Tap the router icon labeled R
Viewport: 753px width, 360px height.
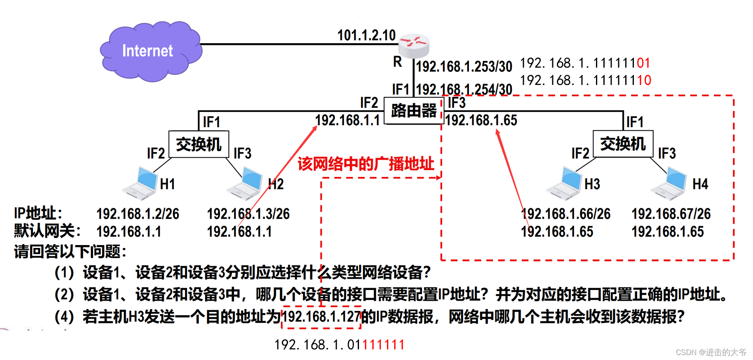pos(414,46)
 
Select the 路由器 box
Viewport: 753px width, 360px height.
pos(413,110)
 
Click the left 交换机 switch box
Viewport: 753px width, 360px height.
pos(199,145)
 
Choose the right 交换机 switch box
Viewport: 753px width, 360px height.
pos(623,144)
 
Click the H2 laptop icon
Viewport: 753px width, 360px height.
pos(245,183)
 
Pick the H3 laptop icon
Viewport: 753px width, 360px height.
pos(565,183)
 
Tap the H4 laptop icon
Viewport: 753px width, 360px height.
pos(669,183)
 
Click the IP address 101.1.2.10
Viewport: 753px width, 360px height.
pos(366,35)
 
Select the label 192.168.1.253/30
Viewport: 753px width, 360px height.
pos(464,67)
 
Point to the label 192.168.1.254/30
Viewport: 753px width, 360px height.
pos(464,89)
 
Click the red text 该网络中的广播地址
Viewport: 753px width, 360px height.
pos(366,164)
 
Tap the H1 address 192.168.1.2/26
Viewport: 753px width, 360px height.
pos(138,214)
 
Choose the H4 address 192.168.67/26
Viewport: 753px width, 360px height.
pos(671,214)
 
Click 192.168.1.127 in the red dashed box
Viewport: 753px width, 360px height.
pos(321,317)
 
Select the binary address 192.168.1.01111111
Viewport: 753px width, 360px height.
pos(339,345)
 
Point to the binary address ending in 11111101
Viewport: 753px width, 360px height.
pos(585,63)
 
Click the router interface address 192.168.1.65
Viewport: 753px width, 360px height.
pos(481,120)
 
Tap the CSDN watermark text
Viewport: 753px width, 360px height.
pos(711,352)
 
